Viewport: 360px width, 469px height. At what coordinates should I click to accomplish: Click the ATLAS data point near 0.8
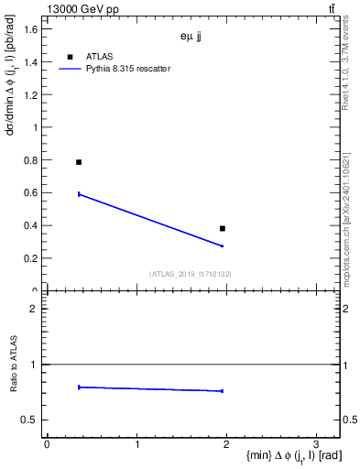point(79,162)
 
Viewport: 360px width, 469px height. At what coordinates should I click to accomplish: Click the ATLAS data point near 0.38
point(223,228)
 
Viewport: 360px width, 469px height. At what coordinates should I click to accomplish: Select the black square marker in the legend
point(71,56)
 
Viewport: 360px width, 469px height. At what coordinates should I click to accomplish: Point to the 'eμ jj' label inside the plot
point(192,38)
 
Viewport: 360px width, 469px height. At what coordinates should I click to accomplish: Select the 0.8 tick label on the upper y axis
point(30,160)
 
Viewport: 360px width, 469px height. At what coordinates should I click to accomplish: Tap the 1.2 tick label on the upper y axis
point(30,95)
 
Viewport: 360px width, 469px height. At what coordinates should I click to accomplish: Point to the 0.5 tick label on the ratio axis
point(30,420)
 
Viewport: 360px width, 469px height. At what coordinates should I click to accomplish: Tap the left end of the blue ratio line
point(79,387)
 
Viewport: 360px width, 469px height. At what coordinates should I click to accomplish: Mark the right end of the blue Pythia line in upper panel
point(223,245)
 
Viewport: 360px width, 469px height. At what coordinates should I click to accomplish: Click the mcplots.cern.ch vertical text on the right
point(352,220)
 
